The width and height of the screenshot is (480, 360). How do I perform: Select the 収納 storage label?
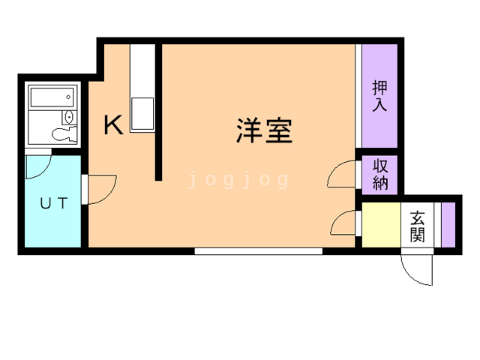[380, 174]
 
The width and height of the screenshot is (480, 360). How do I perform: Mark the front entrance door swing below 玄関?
[417, 268]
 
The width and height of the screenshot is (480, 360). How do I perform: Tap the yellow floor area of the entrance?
[381, 225]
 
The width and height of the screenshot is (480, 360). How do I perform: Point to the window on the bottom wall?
[258, 251]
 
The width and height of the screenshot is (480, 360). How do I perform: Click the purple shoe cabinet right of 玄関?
[448, 224]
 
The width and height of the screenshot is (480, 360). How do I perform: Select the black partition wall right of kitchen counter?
[158, 112]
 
